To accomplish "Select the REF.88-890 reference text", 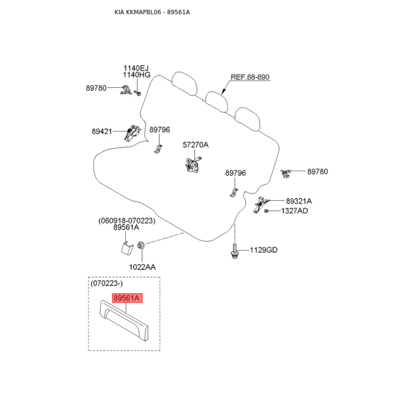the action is [x=250, y=77].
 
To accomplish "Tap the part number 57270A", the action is [x=196, y=145].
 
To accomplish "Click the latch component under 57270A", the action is [x=193, y=165].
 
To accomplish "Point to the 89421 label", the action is [x=102, y=132].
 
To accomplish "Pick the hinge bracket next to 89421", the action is [x=132, y=133].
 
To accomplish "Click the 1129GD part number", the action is [x=264, y=250].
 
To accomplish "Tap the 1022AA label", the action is [x=142, y=267].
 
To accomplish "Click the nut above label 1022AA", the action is [x=141, y=245].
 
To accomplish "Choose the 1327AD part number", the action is [x=294, y=211].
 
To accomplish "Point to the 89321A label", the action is [x=298, y=201].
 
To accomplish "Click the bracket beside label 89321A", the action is [x=261, y=204].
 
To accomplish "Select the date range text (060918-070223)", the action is [x=127, y=220].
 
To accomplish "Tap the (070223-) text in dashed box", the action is [x=107, y=283].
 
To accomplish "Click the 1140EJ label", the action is [x=136, y=68].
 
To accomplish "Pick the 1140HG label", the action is [x=136, y=75].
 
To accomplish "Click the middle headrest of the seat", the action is [x=216, y=101].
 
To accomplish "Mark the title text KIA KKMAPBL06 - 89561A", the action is [x=152, y=12].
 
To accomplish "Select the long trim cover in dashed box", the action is [x=124, y=320].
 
